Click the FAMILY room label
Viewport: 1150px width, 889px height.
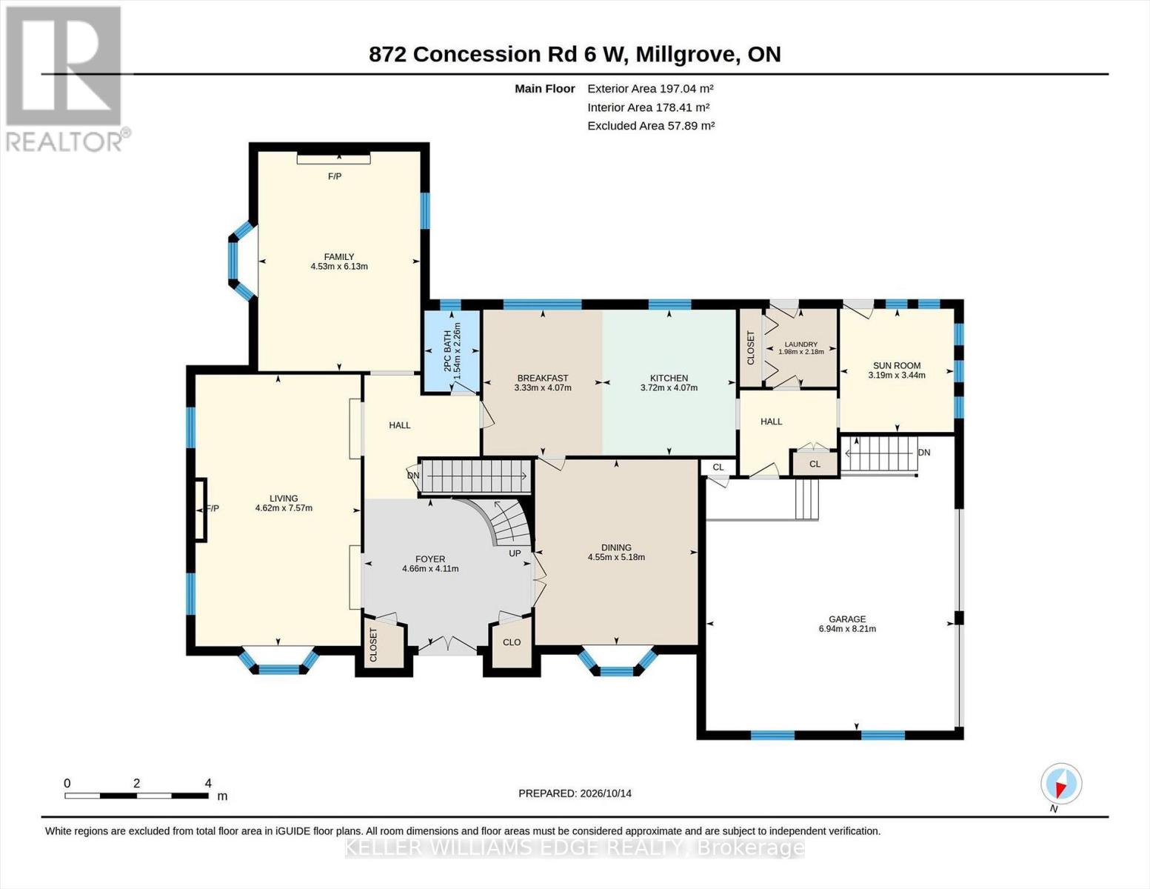(x=339, y=257)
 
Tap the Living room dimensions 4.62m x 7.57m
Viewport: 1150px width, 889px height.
(x=284, y=508)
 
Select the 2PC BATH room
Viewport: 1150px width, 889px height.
(x=452, y=350)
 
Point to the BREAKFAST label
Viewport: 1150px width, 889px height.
(x=543, y=378)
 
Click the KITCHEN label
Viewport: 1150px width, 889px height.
(x=669, y=378)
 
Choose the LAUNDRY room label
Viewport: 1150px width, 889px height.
(x=801, y=344)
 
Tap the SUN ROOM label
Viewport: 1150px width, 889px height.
(x=897, y=365)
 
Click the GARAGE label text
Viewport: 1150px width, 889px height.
(x=847, y=619)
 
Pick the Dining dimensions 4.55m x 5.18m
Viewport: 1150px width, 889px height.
(x=616, y=557)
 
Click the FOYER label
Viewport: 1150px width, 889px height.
(x=430, y=559)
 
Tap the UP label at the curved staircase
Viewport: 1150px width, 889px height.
(x=515, y=553)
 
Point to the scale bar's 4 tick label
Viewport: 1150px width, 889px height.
(x=208, y=783)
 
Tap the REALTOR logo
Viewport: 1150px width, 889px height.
(x=66, y=79)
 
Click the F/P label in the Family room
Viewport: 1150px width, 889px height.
(x=335, y=176)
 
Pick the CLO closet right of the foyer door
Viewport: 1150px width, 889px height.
(x=512, y=642)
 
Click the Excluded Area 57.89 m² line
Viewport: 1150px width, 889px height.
(x=651, y=126)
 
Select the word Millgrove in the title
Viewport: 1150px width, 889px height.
(x=686, y=55)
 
